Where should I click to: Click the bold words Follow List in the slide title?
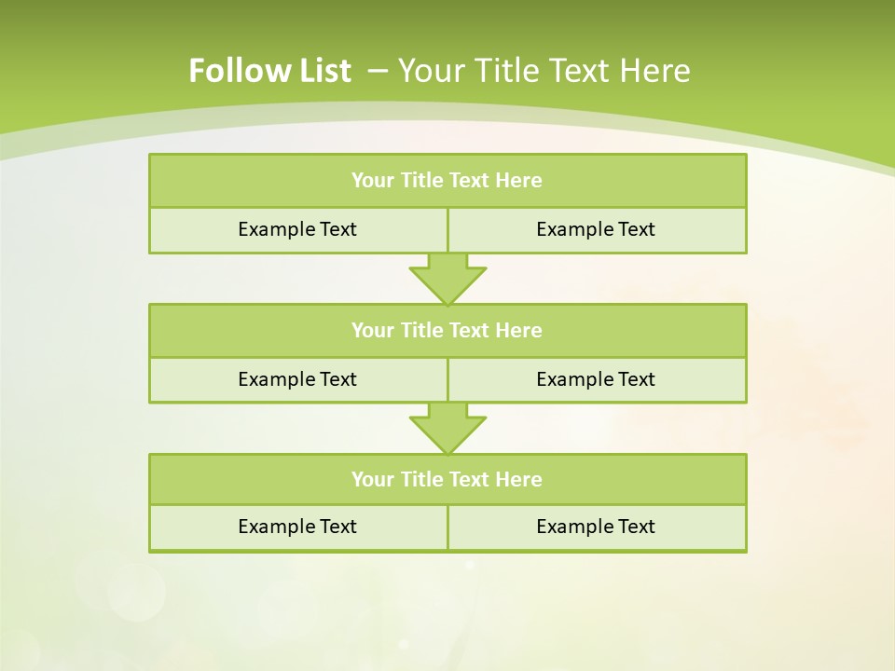tap(269, 71)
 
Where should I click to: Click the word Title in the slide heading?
tap(508, 71)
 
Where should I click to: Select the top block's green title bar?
tap(447, 181)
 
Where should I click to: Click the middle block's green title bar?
tap(447, 331)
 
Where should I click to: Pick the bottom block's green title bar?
tap(447, 480)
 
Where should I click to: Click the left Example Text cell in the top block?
tap(297, 230)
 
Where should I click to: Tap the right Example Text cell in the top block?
tap(596, 230)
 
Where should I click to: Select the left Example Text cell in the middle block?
tap(297, 380)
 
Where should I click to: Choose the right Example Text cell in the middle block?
tap(596, 380)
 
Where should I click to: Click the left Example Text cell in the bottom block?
tap(297, 527)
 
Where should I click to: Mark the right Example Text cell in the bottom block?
tap(596, 527)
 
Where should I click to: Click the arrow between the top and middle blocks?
tap(447, 278)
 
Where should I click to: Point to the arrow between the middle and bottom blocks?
tap(447, 428)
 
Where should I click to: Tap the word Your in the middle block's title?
tap(373, 331)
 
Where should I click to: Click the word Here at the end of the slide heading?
tap(656, 71)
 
